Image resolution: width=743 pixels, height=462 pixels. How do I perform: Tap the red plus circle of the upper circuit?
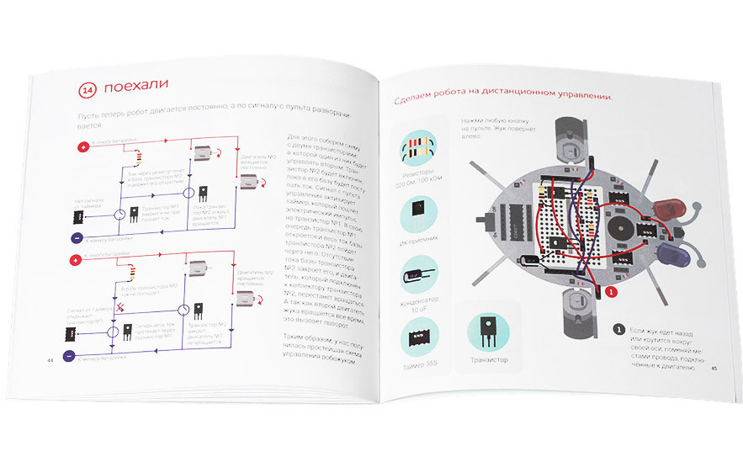[82, 147]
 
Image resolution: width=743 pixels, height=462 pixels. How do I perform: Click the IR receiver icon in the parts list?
[416, 213]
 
